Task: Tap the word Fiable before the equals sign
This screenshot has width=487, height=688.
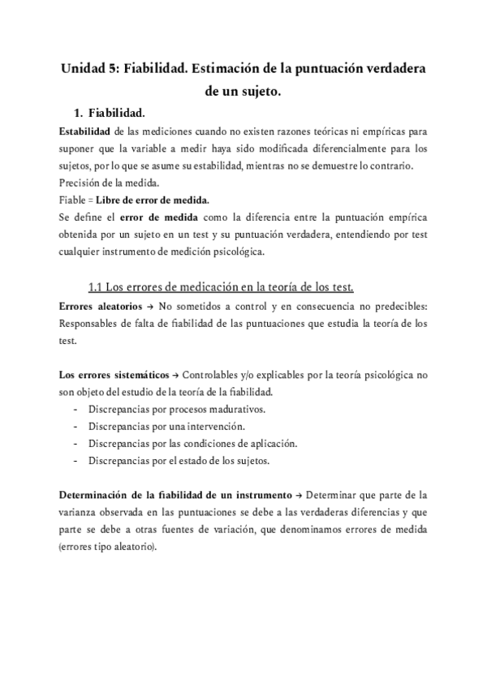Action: pyautogui.click(x=73, y=200)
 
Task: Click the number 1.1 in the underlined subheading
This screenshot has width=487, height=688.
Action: pyautogui.click(x=95, y=286)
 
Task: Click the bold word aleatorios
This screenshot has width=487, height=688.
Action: pyautogui.click(x=124, y=306)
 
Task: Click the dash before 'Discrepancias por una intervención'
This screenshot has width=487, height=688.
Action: pyautogui.click(x=76, y=426)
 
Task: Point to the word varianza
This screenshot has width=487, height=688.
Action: pyautogui.click(x=80, y=512)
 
